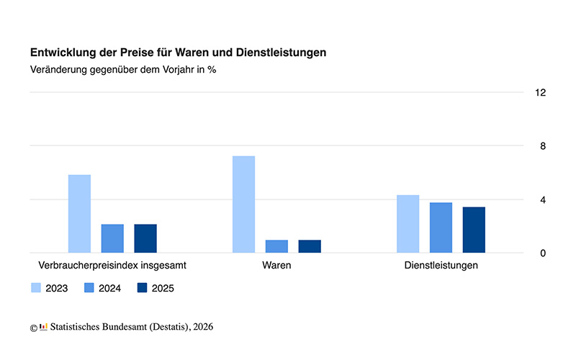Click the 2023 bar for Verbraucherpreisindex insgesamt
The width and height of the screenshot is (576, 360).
click(79, 214)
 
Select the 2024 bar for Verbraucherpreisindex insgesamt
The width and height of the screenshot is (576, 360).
click(112, 238)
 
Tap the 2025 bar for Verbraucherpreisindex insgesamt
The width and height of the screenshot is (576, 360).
click(145, 238)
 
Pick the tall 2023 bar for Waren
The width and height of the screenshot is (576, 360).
click(243, 204)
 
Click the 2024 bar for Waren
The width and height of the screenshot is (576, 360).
click(276, 246)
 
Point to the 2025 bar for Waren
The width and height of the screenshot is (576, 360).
click(310, 246)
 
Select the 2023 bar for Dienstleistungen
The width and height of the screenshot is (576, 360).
click(408, 224)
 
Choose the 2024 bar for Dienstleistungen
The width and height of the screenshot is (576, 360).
click(441, 228)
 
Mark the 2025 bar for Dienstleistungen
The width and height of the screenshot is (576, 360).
click(474, 230)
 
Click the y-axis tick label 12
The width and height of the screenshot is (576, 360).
click(541, 93)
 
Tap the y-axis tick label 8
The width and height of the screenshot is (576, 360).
click(543, 146)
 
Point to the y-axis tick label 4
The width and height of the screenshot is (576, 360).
click(543, 199)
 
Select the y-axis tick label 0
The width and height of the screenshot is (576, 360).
click(543, 253)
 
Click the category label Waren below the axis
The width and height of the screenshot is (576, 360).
click(276, 265)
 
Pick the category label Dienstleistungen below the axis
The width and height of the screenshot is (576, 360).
click(441, 265)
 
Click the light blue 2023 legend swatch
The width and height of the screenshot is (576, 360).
click(36, 288)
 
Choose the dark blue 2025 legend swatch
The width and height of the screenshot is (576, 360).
click(142, 288)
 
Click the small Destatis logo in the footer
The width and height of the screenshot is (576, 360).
click(43, 327)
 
